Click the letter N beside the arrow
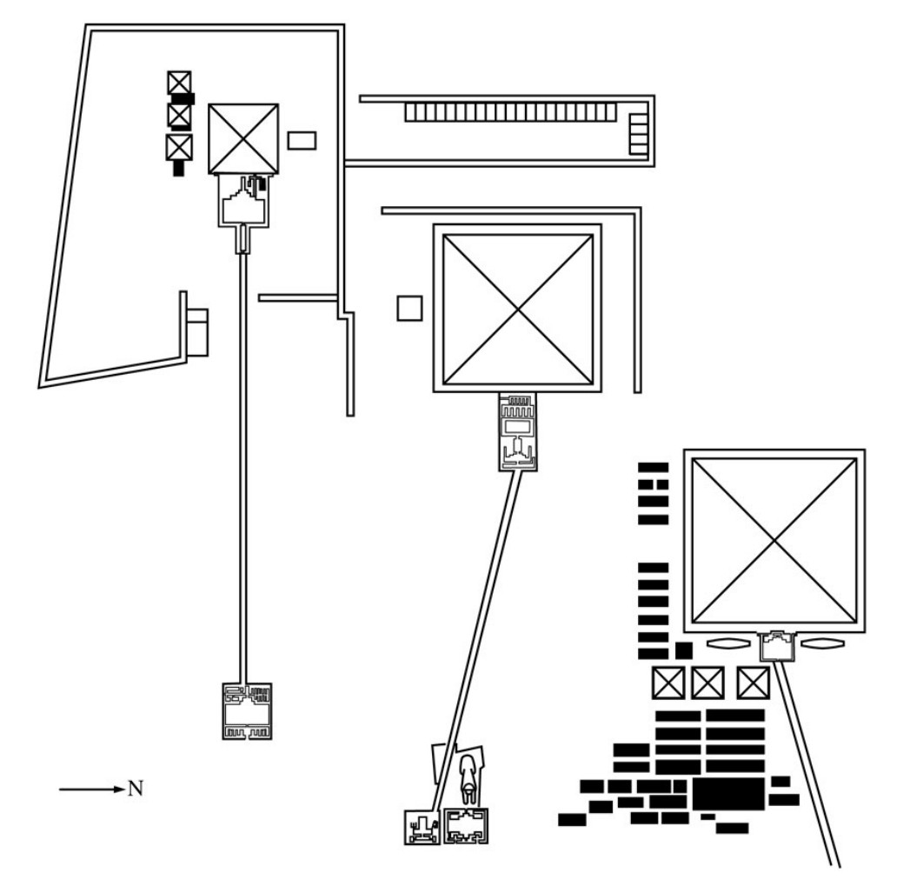click(x=136, y=789)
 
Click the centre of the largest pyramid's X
click(x=774, y=541)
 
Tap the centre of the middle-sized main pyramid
click(x=518, y=309)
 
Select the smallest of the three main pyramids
click(x=243, y=139)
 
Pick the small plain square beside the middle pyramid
click(x=409, y=309)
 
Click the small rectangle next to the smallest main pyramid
click(x=302, y=141)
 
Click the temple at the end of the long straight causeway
click(x=247, y=710)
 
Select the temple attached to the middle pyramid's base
click(x=518, y=432)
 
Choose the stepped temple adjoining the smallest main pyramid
click(x=243, y=200)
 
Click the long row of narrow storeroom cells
click(x=510, y=112)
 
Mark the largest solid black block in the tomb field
click(x=728, y=794)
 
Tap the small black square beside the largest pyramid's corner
click(x=684, y=650)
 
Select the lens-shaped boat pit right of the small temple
click(x=823, y=643)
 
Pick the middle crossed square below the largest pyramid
click(x=707, y=683)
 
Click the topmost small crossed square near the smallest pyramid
click(x=179, y=83)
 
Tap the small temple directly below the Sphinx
click(x=466, y=826)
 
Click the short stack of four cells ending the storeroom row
click(x=639, y=134)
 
